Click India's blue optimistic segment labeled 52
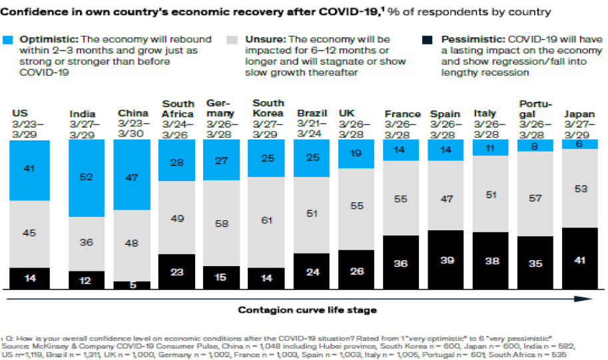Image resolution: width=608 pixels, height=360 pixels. [87, 178]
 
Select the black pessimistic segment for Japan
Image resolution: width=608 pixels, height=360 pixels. [579, 258]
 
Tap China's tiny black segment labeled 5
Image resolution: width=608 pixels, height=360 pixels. [132, 285]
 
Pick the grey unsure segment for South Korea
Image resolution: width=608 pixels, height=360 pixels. [266, 222]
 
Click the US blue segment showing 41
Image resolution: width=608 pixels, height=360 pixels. [29, 170]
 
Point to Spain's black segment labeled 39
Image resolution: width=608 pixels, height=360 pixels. [446, 260]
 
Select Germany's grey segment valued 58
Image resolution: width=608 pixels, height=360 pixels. [221, 223]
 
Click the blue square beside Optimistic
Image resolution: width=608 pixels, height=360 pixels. [8, 40]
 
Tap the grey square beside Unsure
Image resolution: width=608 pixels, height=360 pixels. [232, 40]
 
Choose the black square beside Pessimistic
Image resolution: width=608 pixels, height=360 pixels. [428, 40]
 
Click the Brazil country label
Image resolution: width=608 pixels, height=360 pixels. [312, 113]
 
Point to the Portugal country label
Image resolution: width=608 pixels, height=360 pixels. [535, 109]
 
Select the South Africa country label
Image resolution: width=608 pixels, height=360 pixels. [178, 109]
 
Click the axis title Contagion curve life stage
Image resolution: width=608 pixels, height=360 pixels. [308, 310]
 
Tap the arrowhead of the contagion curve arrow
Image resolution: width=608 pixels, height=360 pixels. [583, 299]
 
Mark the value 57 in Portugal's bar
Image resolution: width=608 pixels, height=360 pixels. [535, 198]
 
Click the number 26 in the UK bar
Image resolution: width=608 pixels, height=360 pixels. [357, 271]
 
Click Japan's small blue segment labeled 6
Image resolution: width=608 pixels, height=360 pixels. [579, 144]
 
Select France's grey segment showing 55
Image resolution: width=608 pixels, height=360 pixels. [401, 198]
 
